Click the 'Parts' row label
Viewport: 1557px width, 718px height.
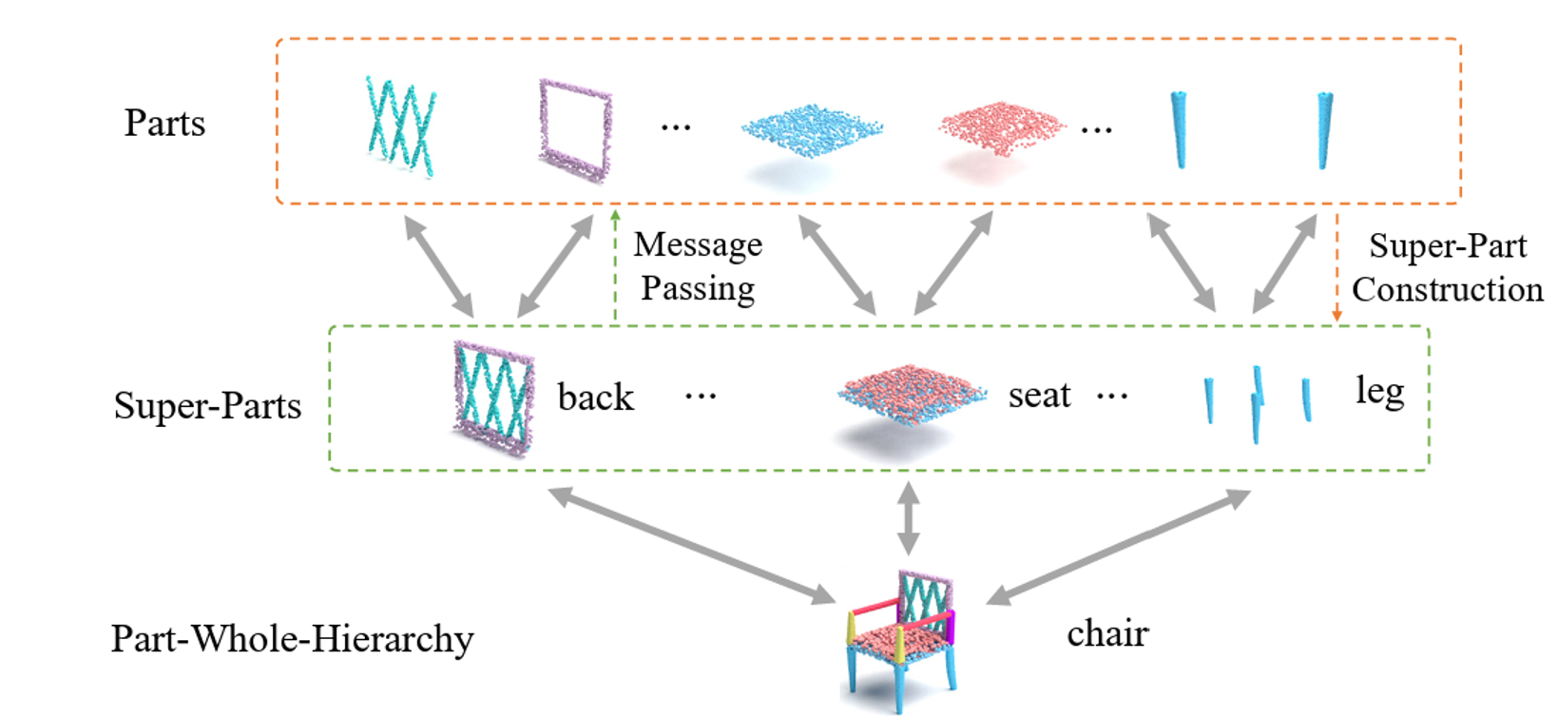point(164,124)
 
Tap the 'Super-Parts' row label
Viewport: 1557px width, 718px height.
point(207,406)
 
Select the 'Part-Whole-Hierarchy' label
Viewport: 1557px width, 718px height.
point(292,639)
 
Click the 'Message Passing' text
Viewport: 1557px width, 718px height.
point(698,266)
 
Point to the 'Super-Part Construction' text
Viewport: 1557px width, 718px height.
point(1447,268)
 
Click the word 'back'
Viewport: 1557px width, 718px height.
point(595,398)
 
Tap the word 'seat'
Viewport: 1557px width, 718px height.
point(1039,395)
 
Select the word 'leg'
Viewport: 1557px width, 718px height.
point(1379,391)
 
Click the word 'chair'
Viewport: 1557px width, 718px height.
point(1107,633)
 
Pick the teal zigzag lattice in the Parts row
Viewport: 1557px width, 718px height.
point(400,126)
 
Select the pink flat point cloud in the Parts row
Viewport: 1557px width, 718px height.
point(1000,126)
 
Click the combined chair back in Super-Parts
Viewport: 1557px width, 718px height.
point(493,398)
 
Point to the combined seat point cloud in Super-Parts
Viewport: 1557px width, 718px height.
point(911,393)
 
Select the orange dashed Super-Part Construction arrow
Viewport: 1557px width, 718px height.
point(1336,266)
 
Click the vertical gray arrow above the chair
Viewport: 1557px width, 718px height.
point(909,518)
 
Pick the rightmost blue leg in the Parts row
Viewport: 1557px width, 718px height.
point(1324,129)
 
